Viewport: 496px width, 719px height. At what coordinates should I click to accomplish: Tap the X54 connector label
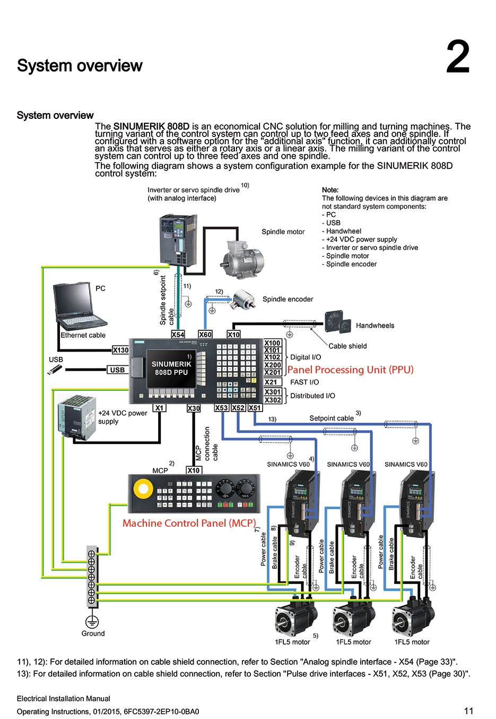click(178, 335)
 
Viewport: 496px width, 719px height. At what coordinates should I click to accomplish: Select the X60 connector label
click(205, 335)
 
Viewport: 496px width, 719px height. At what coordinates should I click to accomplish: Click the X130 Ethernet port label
click(120, 350)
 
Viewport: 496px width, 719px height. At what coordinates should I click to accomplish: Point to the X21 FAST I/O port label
click(272, 382)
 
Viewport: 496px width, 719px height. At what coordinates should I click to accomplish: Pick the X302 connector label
click(273, 400)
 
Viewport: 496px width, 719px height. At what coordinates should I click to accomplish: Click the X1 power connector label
click(159, 408)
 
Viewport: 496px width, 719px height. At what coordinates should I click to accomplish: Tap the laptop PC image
click(78, 307)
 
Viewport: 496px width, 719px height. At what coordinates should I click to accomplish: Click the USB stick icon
click(55, 370)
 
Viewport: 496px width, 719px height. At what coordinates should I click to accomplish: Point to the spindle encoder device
click(243, 299)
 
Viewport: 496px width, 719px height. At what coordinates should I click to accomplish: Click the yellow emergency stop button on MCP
click(143, 489)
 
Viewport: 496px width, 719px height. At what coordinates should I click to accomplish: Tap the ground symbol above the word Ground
click(92, 621)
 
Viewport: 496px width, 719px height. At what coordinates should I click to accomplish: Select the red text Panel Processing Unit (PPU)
click(350, 370)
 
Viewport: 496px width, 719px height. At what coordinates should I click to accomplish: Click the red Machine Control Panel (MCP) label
click(189, 523)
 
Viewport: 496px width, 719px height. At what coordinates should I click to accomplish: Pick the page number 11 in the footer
click(468, 711)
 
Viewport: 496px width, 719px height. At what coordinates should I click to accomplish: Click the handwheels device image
click(338, 322)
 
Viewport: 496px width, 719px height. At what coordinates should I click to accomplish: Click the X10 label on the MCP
click(194, 470)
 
